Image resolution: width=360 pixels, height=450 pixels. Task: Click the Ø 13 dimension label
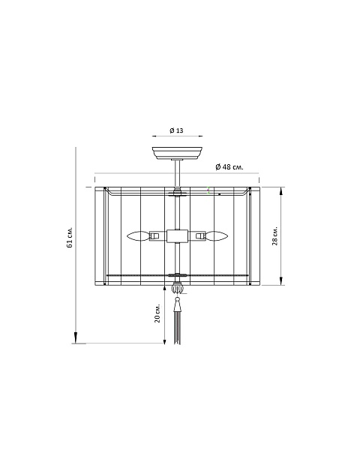point(176,130)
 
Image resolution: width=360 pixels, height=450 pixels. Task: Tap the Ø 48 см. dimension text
point(229,166)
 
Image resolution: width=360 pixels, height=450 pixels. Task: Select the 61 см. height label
point(70,237)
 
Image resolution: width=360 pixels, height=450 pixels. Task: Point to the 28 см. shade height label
point(275,235)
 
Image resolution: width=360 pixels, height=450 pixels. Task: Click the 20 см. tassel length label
point(157,313)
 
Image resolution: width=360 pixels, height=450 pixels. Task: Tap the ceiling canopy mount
point(177,153)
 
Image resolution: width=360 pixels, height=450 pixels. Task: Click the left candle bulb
point(138,236)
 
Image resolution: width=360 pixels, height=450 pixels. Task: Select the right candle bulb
point(217,236)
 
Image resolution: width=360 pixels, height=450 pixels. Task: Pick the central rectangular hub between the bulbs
point(178,236)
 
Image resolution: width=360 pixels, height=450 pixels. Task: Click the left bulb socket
point(154,236)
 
